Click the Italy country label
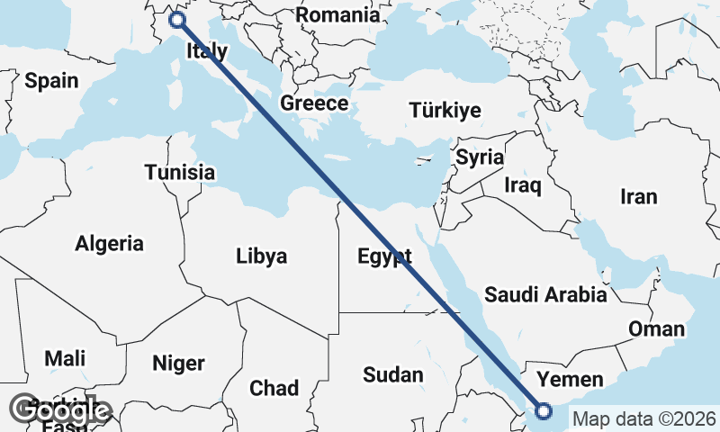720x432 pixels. (206, 51)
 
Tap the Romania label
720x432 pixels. (337, 15)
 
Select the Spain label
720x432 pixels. (51, 81)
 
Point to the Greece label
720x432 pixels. (314, 103)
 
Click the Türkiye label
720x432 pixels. (445, 111)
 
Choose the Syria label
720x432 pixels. (480, 157)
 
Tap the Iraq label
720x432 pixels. (522, 186)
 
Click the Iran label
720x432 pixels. (639, 196)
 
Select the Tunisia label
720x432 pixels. (180, 172)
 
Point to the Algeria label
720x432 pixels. (109, 243)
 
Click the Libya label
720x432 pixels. (261, 256)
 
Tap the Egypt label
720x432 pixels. (384, 256)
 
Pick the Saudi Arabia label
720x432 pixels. (545, 294)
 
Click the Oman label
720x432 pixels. (656, 328)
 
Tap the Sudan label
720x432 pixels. (393, 374)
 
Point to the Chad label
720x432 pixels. (274, 389)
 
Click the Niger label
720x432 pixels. (178, 364)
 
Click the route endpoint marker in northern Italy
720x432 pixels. (177, 20)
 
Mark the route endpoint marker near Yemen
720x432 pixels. (544, 411)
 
